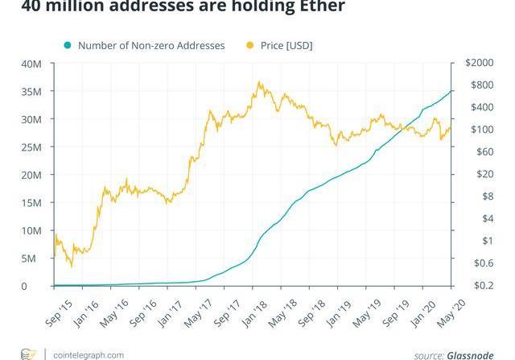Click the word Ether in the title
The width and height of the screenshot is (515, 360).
319,6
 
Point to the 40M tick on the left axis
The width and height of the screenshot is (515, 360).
32,64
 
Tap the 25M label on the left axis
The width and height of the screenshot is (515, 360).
32,147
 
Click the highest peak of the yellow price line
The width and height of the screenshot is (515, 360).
259,81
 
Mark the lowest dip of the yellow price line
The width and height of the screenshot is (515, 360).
72,267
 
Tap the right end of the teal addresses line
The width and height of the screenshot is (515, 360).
451,90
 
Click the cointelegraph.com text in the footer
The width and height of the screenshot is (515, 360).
84,354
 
